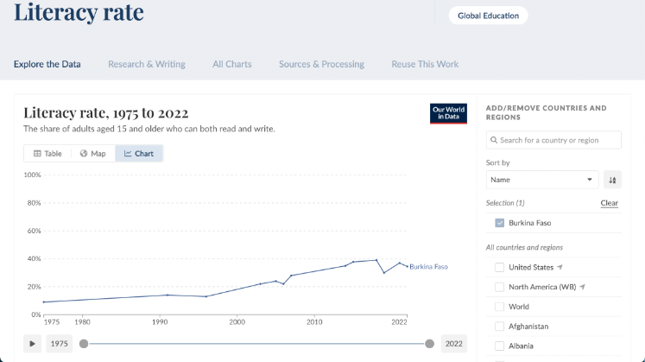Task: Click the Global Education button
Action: tap(488, 16)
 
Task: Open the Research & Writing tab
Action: tap(146, 64)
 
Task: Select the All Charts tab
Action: tap(232, 64)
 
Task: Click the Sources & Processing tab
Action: tap(321, 64)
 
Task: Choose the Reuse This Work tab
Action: tap(425, 64)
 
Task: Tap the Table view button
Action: tap(47, 154)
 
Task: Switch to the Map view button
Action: tap(92, 154)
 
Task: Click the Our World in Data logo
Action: tap(449, 113)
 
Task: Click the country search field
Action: tap(554, 140)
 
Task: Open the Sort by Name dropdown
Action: tap(542, 180)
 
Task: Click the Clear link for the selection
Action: tap(609, 203)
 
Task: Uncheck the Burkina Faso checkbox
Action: tap(499, 223)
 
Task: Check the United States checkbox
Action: tap(499, 267)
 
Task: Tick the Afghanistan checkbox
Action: tap(499, 327)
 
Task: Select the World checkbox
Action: tap(499, 307)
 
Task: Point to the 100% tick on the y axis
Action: tap(32, 175)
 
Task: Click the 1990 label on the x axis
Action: tap(160, 321)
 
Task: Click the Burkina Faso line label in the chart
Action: tap(428, 267)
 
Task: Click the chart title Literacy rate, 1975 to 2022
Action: tap(106, 113)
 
